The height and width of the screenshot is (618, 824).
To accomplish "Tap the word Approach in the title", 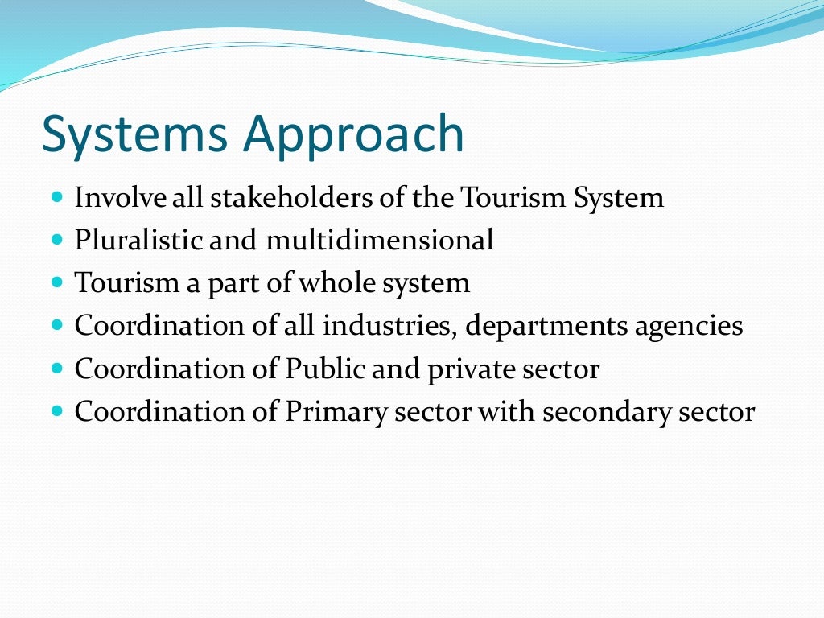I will [356, 135].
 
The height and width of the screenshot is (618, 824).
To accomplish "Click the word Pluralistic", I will [138, 240].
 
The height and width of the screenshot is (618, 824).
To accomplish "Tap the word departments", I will [543, 326].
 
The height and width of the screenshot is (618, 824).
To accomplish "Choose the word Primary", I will [332, 412].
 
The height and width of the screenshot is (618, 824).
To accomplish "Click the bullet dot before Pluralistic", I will [56, 240].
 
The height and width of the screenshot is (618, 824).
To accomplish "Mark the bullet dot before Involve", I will [56, 197].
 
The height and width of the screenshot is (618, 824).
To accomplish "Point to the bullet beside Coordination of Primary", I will [56, 412].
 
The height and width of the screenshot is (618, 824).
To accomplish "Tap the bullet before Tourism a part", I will [56, 283].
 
